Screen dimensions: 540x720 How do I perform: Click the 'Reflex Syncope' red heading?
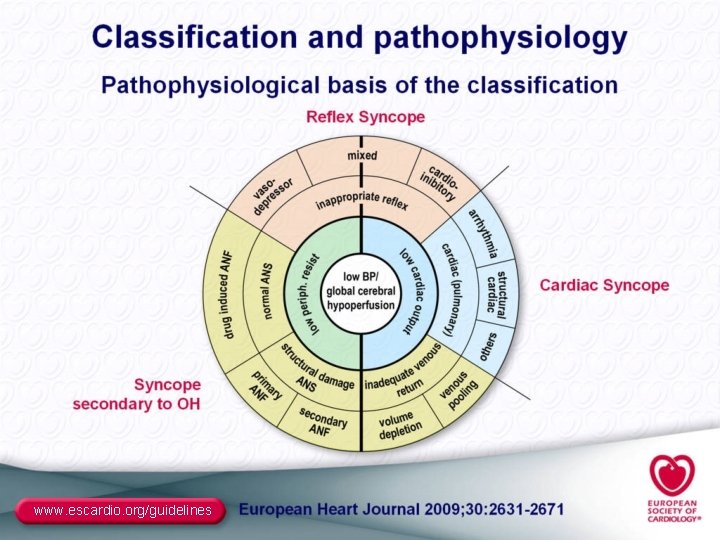pos(365,117)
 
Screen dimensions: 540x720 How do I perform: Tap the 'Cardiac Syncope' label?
pos(604,285)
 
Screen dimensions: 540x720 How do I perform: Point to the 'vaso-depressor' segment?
pos(265,190)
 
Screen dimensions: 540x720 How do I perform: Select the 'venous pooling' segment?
pos(455,393)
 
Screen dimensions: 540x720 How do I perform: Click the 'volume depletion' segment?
pos(400,426)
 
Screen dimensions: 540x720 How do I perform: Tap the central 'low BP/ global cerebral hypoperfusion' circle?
pos(361,290)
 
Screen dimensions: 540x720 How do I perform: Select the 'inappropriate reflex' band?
pos(362,200)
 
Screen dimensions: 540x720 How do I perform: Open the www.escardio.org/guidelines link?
pos(122,511)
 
